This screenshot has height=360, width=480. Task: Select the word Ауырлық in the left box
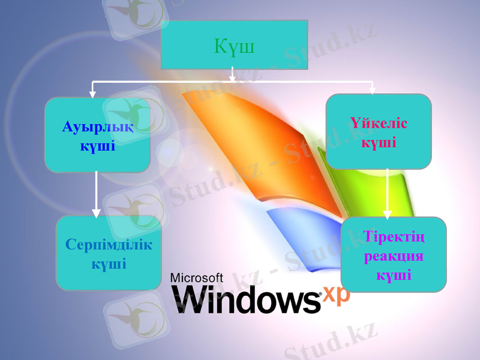pyautogui.click(x=98, y=127)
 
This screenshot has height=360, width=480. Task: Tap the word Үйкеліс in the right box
pyautogui.click(x=379, y=124)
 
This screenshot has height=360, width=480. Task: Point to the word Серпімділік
pyautogui.click(x=109, y=245)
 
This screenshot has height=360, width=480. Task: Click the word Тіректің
pyautogui.click(x=394, y=238)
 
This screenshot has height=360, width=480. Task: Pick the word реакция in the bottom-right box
pyautogui.click(x=394, y=256)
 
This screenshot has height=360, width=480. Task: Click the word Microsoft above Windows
pyautogui.click(x=197, y=277)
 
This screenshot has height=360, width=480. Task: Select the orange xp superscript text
pyautogui.click(x=336, y=293)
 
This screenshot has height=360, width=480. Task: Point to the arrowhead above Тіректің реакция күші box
pyautogui.click(x=388, y=214)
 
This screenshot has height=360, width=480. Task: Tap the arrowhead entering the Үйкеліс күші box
pyautogui.click(x=372, y=91)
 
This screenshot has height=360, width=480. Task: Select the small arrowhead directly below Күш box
pyautogui.click(x=233, y=77)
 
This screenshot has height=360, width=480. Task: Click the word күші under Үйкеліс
pyautogui.click(x=379, y=143)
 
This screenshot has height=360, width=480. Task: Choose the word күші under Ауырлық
pyautogui.click(x=97, y=145)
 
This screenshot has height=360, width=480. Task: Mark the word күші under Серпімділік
pyautogui.click(x=109, y=263)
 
